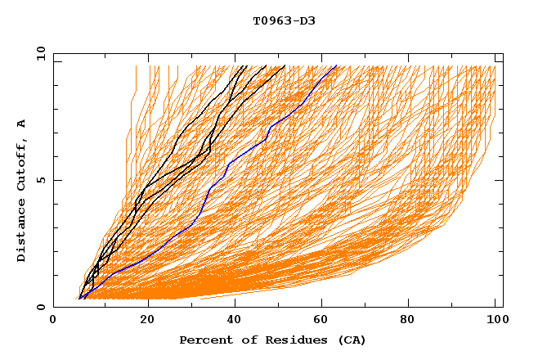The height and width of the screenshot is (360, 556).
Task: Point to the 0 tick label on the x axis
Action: [x=53, y=322]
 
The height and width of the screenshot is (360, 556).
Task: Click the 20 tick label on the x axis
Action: [x=148, y=322]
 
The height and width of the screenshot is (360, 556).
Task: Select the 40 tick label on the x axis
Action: [x=236, y=322]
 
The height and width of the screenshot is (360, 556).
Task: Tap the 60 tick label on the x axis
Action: [x=325, y=322]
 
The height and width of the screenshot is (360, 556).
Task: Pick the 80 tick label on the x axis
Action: [x=414, y=322]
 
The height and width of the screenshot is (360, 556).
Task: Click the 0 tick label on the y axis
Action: [x=41, y=308]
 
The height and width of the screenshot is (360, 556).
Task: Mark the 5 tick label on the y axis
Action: [x=41, y=180]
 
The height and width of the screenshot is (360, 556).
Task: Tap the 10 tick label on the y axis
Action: [x=38, y=53]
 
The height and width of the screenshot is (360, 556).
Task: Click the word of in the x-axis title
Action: [x=237, y=340]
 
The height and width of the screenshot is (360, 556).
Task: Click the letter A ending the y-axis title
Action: [x=22, y=124]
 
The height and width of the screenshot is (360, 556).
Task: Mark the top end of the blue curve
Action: [x=336, y=66]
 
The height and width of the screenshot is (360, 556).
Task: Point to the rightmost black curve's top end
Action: [x=285, y=66]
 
